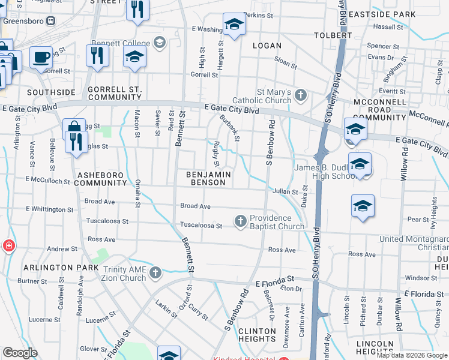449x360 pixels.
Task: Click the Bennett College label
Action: tap(120, 42)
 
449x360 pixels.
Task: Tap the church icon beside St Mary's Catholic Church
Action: tap(300, 95)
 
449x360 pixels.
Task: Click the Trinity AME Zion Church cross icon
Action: tap(155, 274)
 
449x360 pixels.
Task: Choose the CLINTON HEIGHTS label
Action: tap(258, 335)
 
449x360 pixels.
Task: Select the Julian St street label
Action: tap(285, 191)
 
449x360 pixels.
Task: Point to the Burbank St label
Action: tap(230, 128)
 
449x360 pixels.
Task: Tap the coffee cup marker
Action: tap(41, 58)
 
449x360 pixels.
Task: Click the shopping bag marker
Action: tap(73, 127)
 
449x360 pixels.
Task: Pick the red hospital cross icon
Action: tap(8, 246)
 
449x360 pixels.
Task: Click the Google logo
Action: tap(20, 353)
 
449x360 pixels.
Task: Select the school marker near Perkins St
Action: tap(234, 25)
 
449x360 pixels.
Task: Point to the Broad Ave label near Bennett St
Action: tap(195, 206)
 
